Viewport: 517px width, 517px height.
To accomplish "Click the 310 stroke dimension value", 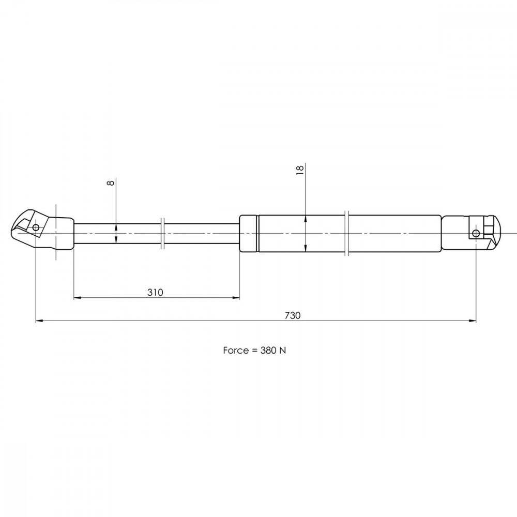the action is [x=155, y=293].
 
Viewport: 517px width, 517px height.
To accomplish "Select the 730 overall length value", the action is [x=293, y=315].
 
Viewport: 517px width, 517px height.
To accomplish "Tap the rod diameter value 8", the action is [x=111, y=183].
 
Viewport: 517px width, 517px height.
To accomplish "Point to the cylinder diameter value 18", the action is [x=300, y=170].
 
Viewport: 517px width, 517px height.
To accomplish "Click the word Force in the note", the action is [x=236, y=350].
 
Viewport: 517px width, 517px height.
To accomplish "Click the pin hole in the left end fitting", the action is [x=36, y=227].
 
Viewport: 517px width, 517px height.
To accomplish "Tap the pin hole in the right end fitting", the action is [x=476, y=234].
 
